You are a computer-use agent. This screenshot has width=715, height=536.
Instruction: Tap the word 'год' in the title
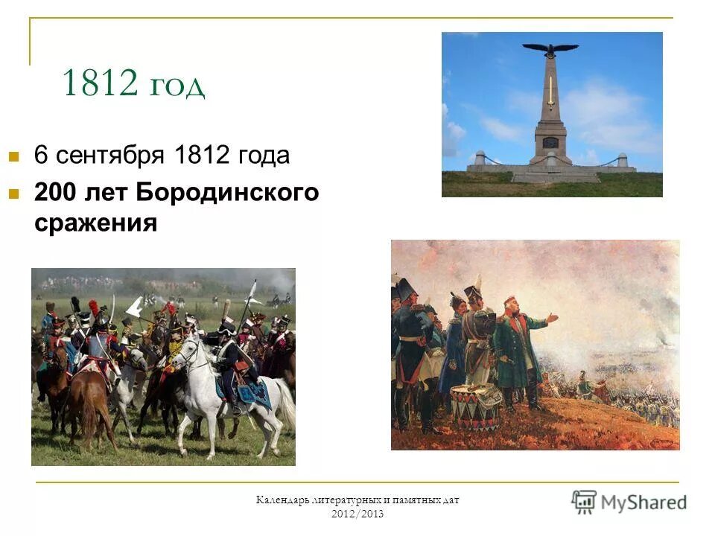(x=176, y=86)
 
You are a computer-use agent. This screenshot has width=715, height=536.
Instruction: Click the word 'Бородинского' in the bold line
(x=227, y=193)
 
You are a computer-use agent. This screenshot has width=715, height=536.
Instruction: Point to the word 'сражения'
(x=95, y=223)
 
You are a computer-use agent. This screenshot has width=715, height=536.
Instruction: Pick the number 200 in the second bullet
(x=59, y=193)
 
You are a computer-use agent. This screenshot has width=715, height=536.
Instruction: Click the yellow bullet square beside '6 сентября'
(x=13, y=157)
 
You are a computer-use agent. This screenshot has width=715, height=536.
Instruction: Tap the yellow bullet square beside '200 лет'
(x=13, y=194)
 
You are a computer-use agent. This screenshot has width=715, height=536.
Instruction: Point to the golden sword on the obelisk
(x=550, y=93)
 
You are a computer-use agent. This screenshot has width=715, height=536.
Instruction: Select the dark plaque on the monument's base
(x=550, y=142)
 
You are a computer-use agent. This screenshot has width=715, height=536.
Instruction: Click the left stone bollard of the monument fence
(x=480, y=158)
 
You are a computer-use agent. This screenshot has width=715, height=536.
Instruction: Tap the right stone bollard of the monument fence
(x=622, y=159)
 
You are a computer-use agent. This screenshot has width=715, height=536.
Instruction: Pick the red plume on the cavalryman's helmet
(x=93, y=306)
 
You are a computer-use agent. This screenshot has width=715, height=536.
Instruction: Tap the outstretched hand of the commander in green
(x=552, y=318)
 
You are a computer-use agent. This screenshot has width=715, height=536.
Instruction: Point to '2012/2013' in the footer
(x=358, y=514)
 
